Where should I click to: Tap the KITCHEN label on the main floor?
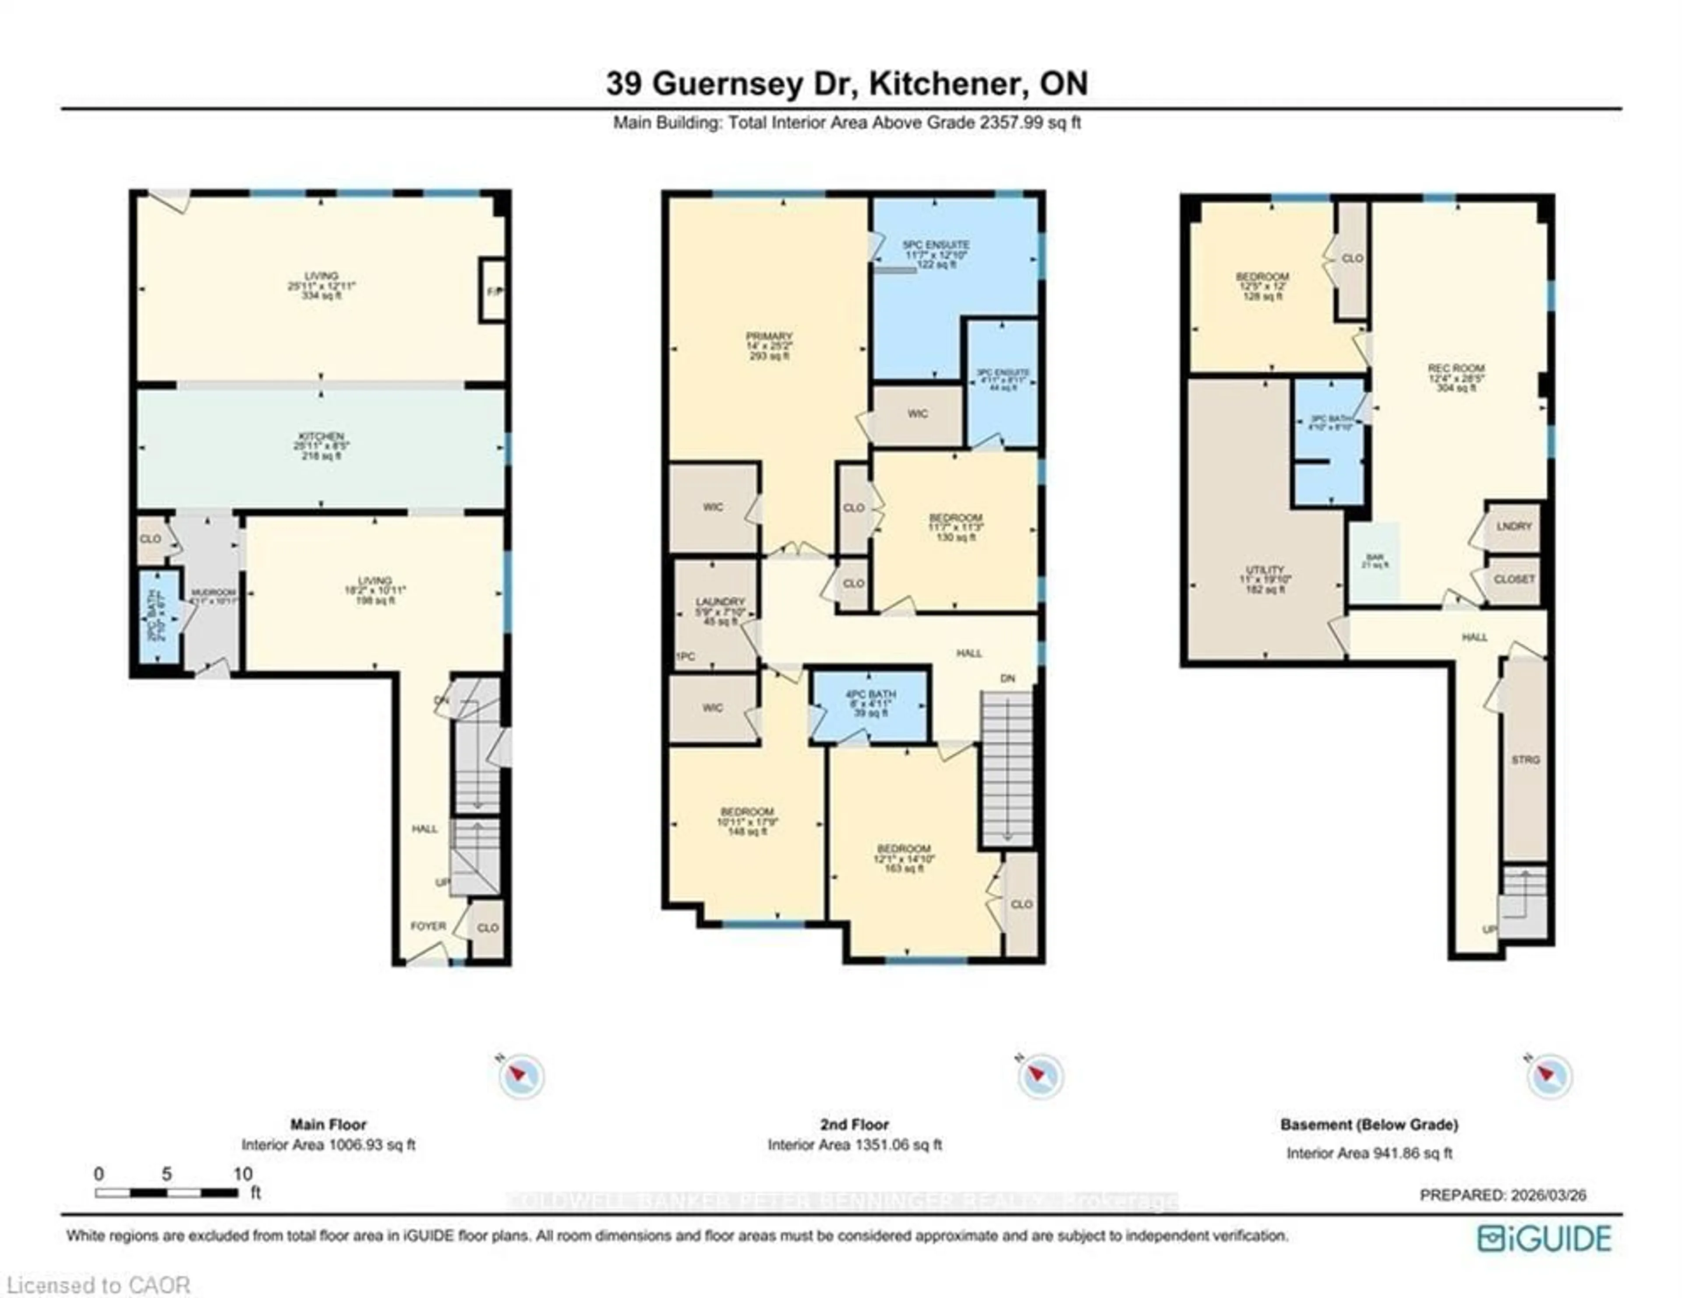coord(321,437)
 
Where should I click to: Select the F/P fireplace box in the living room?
coord(493,290)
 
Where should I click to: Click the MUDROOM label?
coord(213,592)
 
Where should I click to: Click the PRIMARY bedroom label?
coord(769,336)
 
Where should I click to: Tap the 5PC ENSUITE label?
coord(936,245)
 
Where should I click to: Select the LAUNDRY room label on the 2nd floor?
coord(720,602)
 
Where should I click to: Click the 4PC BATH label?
coord(870,695)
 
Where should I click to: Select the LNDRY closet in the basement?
coord(1513,526)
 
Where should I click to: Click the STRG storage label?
coord(1525,760)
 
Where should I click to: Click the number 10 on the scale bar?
coord(243,1174)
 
